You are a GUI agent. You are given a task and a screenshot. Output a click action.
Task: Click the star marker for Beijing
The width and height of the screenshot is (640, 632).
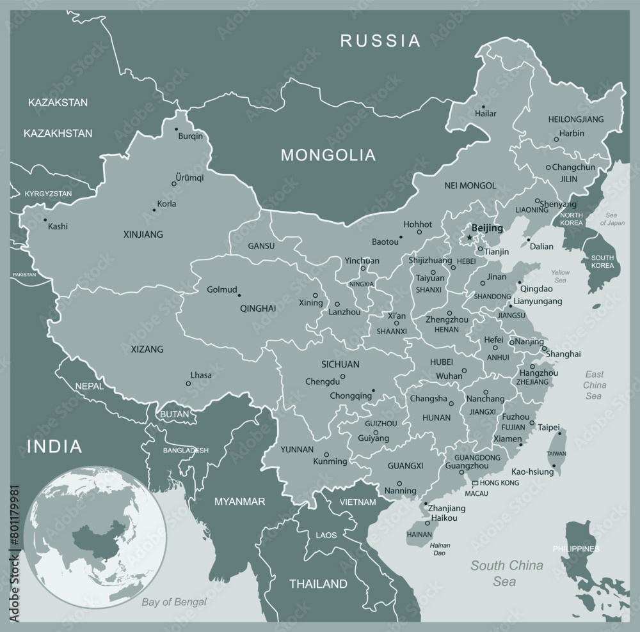click(469, 238)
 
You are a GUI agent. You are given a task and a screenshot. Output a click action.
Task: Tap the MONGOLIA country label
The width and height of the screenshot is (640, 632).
click(328, 154)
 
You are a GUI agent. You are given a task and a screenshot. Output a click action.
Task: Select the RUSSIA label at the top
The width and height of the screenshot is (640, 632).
click(380, 42)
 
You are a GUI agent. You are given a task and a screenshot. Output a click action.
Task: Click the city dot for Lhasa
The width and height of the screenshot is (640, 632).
click(188, 383)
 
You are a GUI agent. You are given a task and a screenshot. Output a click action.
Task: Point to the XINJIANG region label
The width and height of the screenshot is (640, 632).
click(143, 235)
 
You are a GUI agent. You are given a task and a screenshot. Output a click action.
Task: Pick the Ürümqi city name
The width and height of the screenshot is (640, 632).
click(189, 177)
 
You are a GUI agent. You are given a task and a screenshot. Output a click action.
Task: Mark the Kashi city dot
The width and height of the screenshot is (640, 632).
click(45, 220)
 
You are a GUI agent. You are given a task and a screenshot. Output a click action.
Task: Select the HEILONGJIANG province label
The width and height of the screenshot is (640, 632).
click(576, 119)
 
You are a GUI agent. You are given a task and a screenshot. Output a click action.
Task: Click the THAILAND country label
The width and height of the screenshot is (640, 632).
click(318, 583)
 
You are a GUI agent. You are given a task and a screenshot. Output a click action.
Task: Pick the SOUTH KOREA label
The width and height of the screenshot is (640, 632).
click(603, 261)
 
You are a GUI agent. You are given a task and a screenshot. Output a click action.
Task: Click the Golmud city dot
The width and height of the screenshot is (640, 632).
click(239, 295)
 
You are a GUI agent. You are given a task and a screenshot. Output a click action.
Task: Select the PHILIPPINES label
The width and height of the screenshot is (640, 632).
click(577, 549)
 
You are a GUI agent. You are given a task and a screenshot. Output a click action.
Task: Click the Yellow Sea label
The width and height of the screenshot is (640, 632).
click(560, 276)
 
